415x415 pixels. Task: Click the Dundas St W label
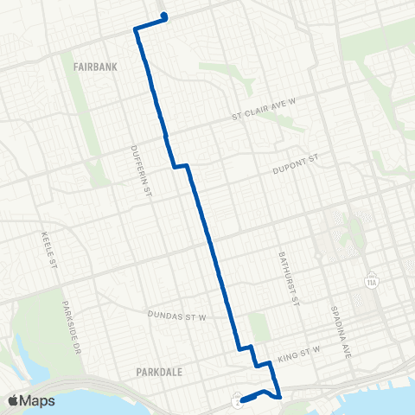tap(180, 317)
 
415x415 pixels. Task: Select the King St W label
tap(298, 352)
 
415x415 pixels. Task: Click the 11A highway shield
tap(372, 282)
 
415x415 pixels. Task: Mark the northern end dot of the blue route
tap(163, 16)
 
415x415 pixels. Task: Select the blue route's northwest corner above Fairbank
tap(136, 29)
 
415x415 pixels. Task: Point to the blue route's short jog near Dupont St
tap(181, 165)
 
